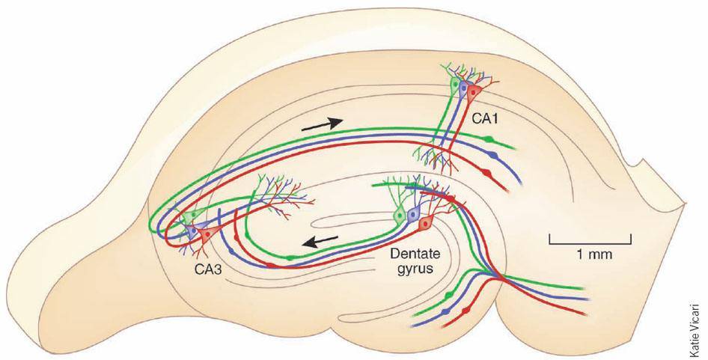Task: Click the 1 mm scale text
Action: point(595,254)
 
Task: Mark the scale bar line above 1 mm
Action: point(590,242)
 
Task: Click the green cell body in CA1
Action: point(454,86)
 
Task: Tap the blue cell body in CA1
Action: point(463,91)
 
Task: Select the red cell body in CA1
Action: point(474,94)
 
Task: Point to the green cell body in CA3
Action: point(193,216)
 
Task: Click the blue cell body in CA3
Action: point(196,231)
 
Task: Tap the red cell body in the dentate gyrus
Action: point(424,223)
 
